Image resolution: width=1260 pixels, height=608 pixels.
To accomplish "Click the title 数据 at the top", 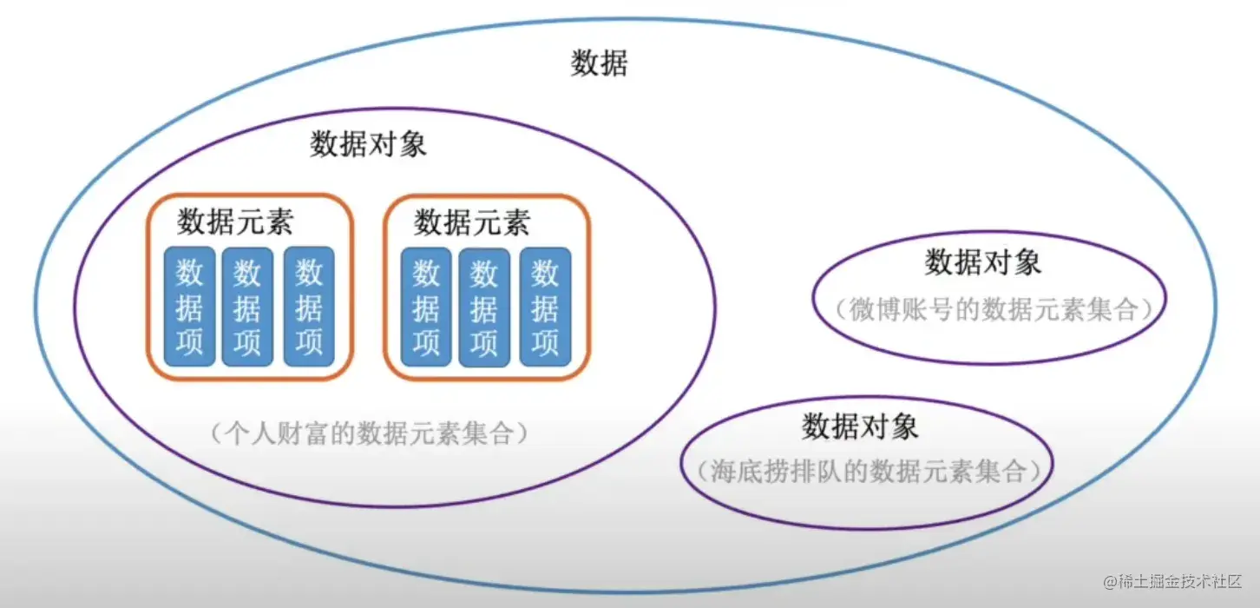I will [x=599, y=63].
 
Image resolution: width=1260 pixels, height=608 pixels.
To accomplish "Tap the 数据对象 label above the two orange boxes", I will [x=369, y=144].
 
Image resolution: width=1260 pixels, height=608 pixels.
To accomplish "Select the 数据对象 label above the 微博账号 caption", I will [x=983, y=261].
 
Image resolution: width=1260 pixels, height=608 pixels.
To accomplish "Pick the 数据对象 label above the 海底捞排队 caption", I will [x=860, y=426].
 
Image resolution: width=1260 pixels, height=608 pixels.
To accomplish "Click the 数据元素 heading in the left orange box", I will [x=235, y=222].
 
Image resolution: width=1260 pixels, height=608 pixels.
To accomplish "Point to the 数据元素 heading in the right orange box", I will [x=472, y=222].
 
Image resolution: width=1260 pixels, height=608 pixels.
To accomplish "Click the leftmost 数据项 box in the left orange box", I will [x=188, y=307].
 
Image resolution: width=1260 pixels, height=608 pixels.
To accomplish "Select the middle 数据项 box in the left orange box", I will [x=247, y=307].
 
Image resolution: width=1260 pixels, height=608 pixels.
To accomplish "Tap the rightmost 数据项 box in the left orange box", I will [x=308, y=307].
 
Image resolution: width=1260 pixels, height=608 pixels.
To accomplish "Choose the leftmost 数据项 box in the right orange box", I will [x=425, y=307].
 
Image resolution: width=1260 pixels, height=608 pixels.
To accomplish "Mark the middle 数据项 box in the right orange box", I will [x=484, y=307].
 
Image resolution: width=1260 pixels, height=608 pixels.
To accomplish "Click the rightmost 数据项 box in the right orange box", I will [x=545, y=307].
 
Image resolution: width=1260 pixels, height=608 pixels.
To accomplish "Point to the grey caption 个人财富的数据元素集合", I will [x=369, y=432].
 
